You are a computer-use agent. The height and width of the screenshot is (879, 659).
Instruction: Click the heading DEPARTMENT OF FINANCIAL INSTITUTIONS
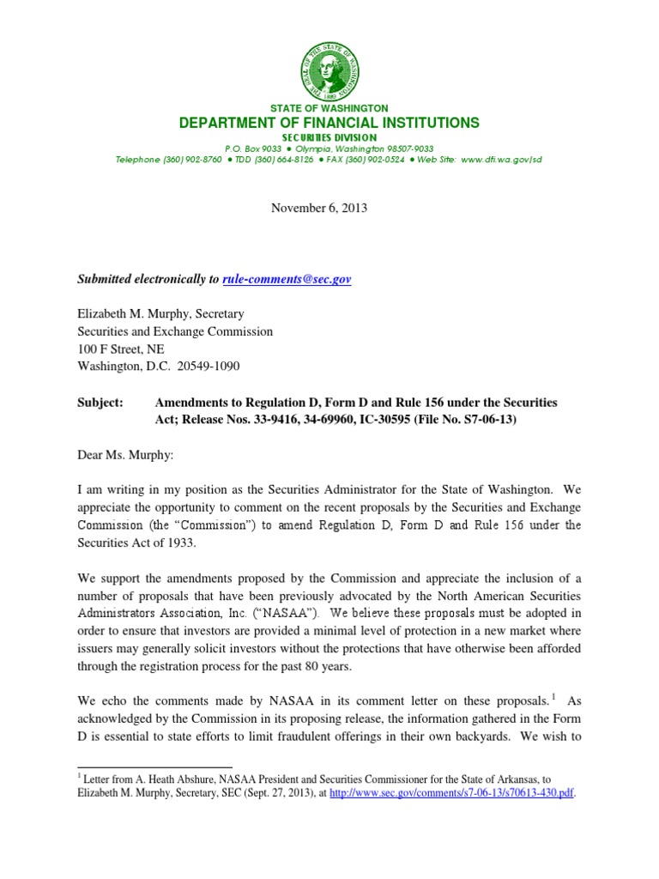pos(329,124)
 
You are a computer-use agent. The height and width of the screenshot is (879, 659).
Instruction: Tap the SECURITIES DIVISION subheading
pos(329,137)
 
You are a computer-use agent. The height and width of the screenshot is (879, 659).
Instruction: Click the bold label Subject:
pos(100,402)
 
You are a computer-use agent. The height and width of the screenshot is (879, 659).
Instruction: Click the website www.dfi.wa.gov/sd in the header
pos(501,160)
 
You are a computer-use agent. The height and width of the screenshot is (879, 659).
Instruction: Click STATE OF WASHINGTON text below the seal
pos(329,109)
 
